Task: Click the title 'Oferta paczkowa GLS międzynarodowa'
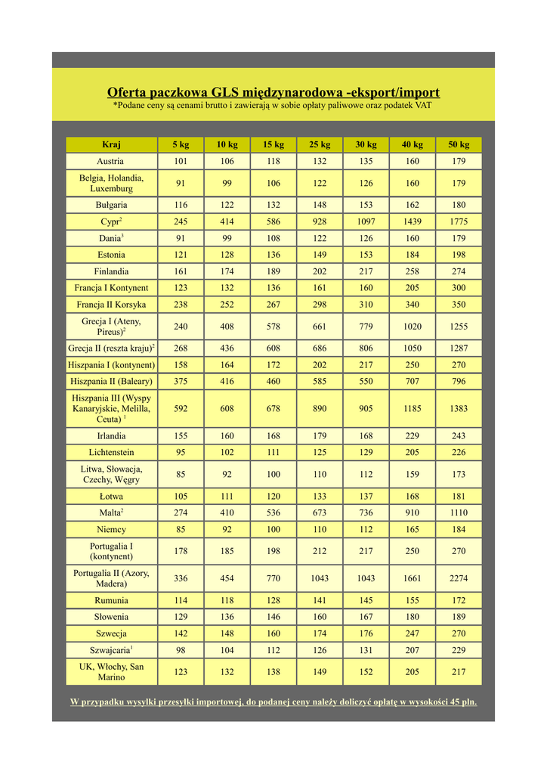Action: click(273, 92)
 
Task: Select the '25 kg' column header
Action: click(319, 144)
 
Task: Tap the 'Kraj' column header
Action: click(111, 144)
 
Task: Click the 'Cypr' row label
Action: click(111, 221)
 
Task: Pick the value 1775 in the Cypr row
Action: click(458, 221)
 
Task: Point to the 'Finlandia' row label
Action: click(111, 271)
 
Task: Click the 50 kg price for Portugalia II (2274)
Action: click(458, 578)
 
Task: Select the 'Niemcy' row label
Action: click(111, 530)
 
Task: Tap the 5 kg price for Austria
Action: click(181, 161)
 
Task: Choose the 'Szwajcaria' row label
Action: click(111, 650)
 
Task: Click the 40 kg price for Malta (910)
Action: click(412, 513)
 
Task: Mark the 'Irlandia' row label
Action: click(111, 436)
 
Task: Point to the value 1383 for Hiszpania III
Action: click(458, 408)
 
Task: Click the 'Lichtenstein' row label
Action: click(111, 453)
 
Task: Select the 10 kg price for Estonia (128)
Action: click(227, 255)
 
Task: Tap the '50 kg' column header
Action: click(458, 144)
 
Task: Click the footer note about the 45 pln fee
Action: click(273, 701)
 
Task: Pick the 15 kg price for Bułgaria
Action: click(273, 205)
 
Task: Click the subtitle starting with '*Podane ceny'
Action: click(273, 106)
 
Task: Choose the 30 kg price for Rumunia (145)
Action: click(366, 600)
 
